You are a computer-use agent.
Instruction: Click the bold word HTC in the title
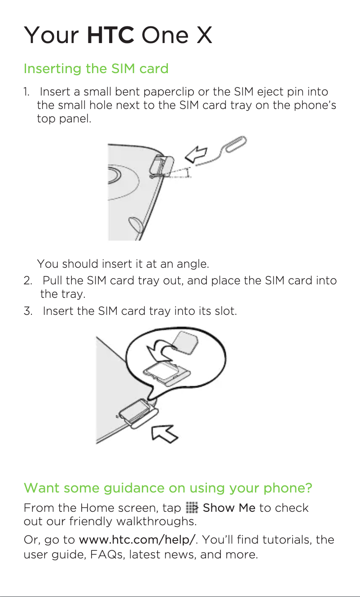[x=110, y=35]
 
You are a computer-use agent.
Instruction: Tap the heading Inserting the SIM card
[x=96, y=69]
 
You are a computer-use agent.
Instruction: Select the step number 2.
[x=28, y=281]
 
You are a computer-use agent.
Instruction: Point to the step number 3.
[x=28, y=311]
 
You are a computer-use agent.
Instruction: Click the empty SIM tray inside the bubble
[x=167, y=373]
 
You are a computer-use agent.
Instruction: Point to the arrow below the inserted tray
[x=164, y=434]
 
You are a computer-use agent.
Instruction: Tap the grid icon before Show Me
[x=192, y=507]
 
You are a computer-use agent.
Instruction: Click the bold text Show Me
[x=229, y=508]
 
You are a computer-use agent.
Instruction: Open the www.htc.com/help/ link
[x=137, y=540]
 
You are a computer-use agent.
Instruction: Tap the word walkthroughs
[x=157, y=521]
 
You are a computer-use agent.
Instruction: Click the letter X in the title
[x=204, y=35]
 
